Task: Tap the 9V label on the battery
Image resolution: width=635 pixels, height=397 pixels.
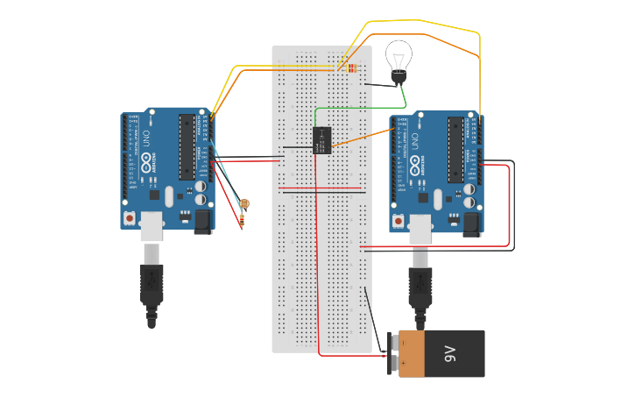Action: (450, 354)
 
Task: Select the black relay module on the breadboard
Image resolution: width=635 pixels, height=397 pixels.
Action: (321, 140)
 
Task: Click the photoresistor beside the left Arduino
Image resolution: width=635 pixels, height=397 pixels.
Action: (243, 203)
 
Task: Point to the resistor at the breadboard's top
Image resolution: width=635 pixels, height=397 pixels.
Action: (350, 67)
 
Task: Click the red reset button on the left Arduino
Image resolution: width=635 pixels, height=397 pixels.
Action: (130, 217)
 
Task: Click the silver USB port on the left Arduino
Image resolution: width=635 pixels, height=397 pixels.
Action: (152, 226)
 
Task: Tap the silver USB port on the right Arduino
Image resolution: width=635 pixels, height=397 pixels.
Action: (420, 229)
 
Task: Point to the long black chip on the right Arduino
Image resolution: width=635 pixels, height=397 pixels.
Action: (455, 149)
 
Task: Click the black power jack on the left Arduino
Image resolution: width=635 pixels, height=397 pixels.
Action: (202, 221)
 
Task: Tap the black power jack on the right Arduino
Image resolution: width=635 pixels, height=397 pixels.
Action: (472, 224)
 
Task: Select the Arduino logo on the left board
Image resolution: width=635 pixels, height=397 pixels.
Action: (145, 163)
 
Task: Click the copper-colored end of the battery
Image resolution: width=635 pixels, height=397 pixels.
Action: (410, 354)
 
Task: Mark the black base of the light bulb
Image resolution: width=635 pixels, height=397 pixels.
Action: (399, 79)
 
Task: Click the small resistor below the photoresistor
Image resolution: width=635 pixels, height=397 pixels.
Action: (242, 222)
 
